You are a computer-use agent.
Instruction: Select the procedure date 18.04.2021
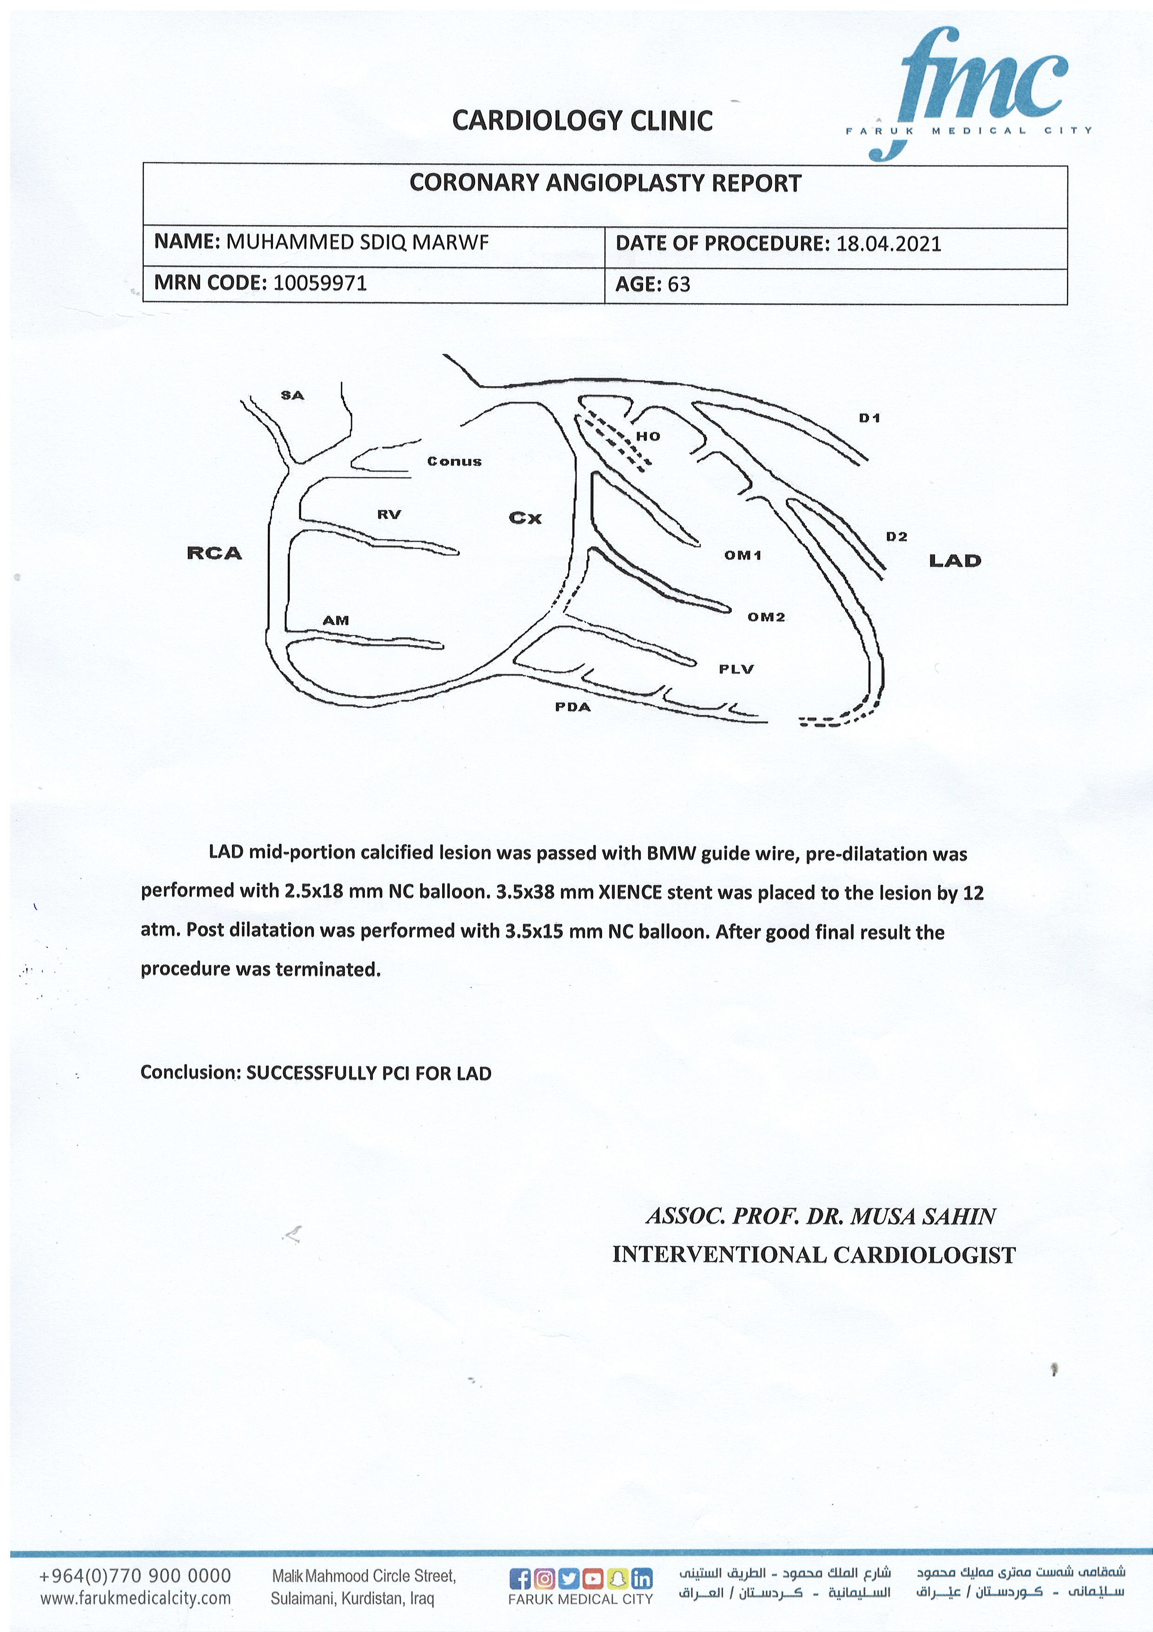click(x=889, y=244)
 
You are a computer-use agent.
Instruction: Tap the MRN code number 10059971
click(x=320, y=284)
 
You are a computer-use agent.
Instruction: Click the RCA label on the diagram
click(x=214, y=553)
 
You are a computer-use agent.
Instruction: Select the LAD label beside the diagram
click(x=955, y=561)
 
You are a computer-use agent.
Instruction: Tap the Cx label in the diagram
click(x=525, y=518)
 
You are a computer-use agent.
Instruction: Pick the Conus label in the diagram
click(x=454, y=462)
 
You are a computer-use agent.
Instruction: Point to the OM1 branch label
click(x=742, y=555)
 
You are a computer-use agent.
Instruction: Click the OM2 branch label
click(x=766, y=617)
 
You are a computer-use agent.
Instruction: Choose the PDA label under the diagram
click(x=573, y=707)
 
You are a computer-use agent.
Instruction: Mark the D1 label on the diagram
click(x=869, y=418)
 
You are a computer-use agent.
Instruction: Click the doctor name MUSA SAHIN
click(x=923, y=1216)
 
